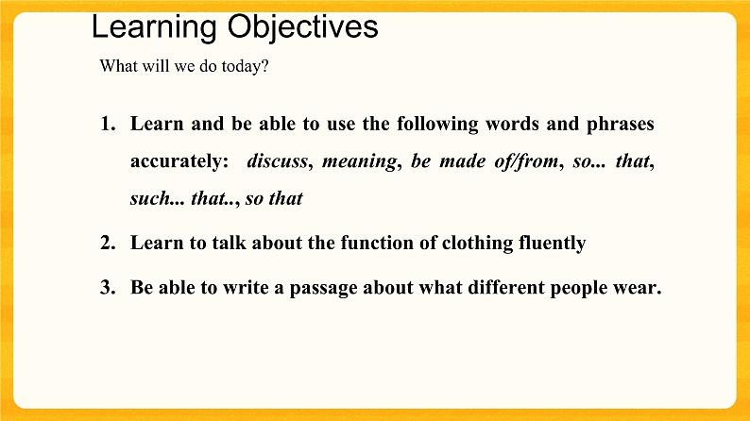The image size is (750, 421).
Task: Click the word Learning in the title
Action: pos(155,27)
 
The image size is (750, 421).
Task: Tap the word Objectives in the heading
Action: pos(302,27)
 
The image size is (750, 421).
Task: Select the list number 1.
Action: pos(107,124)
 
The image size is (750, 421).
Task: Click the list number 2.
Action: pos(107,244)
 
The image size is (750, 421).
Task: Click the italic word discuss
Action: pos(277,161)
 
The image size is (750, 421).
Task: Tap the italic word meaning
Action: pos(359,161)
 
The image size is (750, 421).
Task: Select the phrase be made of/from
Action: pos(484,161)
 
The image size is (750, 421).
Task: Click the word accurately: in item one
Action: pos(179,161)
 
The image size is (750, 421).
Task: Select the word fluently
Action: pos(550,244)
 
